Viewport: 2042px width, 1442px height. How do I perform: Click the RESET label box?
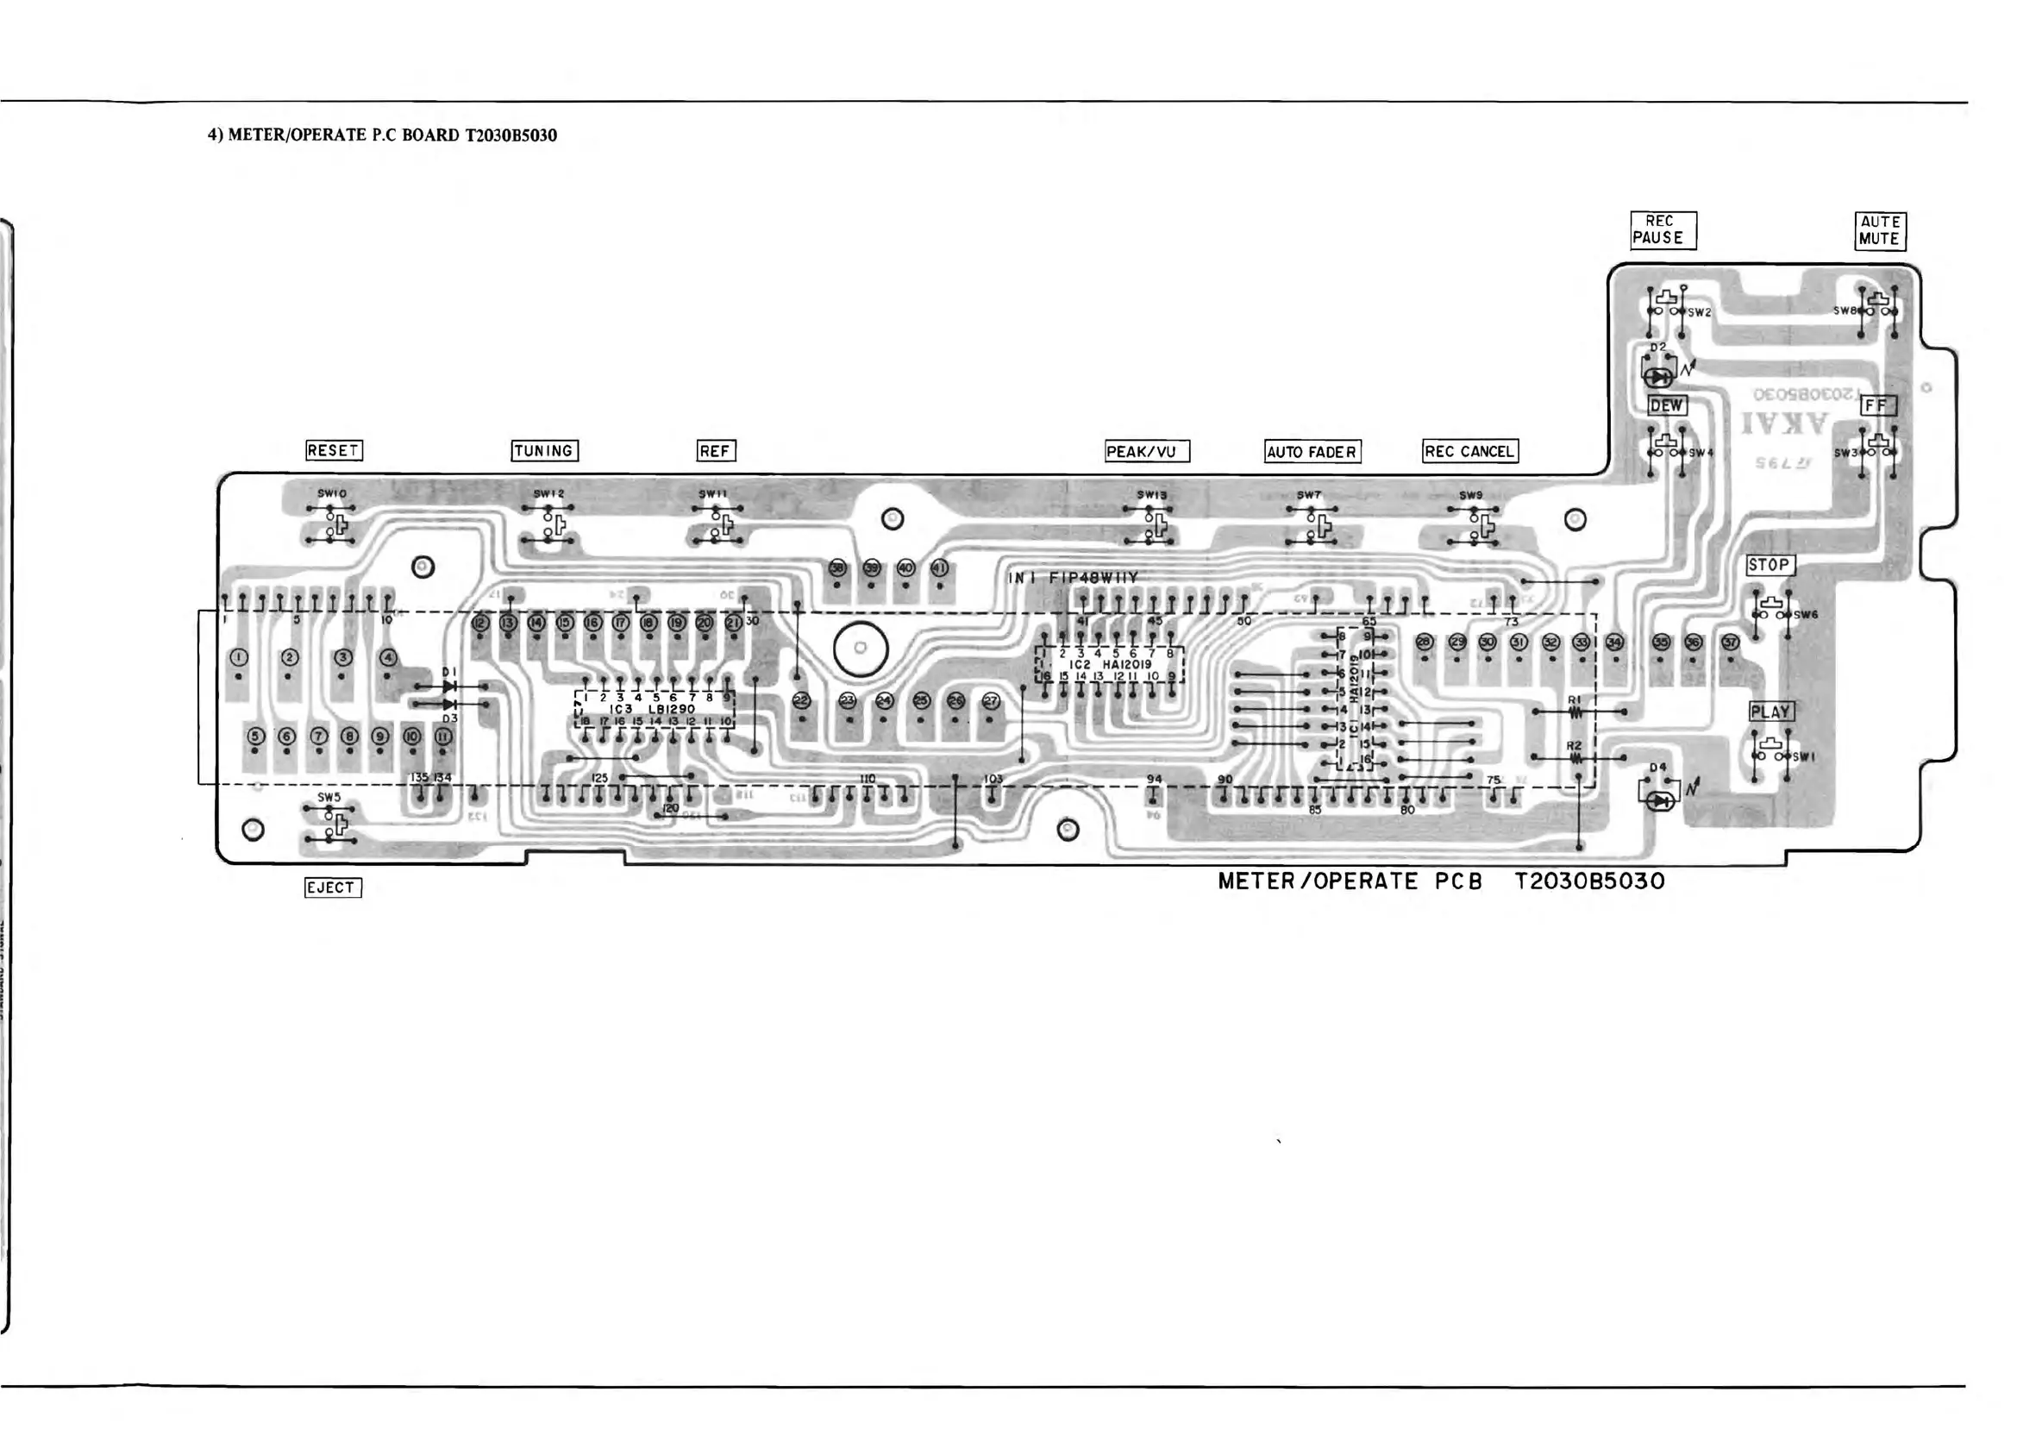pos(334,450)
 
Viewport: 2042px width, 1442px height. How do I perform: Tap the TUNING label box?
pos(544,450)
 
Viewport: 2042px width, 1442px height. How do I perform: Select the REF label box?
pos(715,451)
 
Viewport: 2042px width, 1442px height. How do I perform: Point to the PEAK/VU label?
pos(1145,451)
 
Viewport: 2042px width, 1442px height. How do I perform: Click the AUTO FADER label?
pos(1312,452)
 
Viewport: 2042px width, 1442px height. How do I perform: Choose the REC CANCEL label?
pos(1469,451)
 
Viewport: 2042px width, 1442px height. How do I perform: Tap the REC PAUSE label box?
pos(1663,229)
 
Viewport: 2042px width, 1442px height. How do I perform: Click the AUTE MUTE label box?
pos(1879,230)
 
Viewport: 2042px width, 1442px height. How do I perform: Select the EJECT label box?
pos(333,887)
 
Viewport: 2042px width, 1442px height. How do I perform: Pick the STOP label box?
pos(1769,565)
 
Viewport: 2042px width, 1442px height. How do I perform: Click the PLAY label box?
pos(1770,712)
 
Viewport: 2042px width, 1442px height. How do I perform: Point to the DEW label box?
pos(1667,405)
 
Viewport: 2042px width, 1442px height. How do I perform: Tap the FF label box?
pos(1876,405)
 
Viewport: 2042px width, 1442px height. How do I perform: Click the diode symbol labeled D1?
pos(450,687)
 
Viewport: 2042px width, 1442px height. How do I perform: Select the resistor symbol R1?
pos(1575,712)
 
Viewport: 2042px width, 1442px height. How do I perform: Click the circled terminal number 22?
pos(801,701)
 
